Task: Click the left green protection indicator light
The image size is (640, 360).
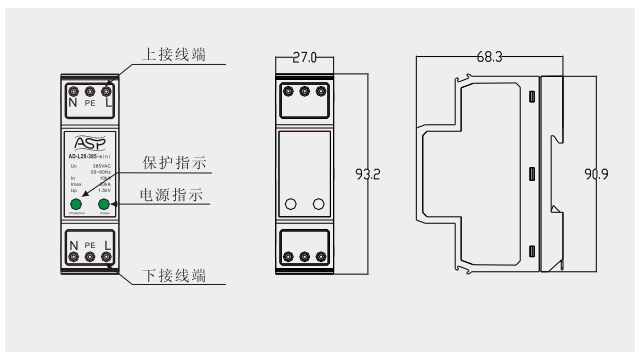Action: pos(76,205)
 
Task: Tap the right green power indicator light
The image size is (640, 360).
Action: pos(103,205)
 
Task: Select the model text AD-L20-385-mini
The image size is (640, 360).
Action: pos(89,157)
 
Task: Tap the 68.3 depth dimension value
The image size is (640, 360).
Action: pos(489,58)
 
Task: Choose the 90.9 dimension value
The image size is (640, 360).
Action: pos(598,174)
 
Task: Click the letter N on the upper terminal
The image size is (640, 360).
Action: pos(72,102)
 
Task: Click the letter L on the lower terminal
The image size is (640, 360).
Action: pos(107,244)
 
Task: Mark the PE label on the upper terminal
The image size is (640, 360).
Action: pos(89,103)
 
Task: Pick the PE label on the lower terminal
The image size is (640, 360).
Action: pos(89,244)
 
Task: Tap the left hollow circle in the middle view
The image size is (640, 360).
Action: pos(291,204)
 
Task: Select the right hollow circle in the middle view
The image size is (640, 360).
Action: pos(318,204)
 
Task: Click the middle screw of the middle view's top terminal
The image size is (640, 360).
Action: pos(304,91)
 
